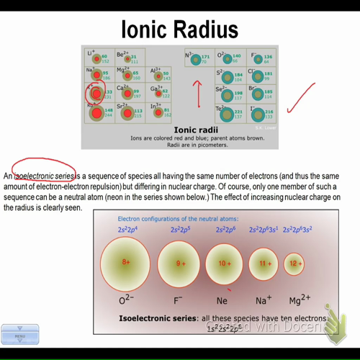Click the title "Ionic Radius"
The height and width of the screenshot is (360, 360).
179,29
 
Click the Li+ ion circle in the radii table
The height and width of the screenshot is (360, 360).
94,58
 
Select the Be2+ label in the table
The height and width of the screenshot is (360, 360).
122,53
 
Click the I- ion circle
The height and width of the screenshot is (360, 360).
256,113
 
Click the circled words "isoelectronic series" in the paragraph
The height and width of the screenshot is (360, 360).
45,176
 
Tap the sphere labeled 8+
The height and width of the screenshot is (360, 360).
126,263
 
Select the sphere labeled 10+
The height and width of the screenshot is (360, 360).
225,264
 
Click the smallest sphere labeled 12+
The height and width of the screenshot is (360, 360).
294,264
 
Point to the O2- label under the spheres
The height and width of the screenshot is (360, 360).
127,299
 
